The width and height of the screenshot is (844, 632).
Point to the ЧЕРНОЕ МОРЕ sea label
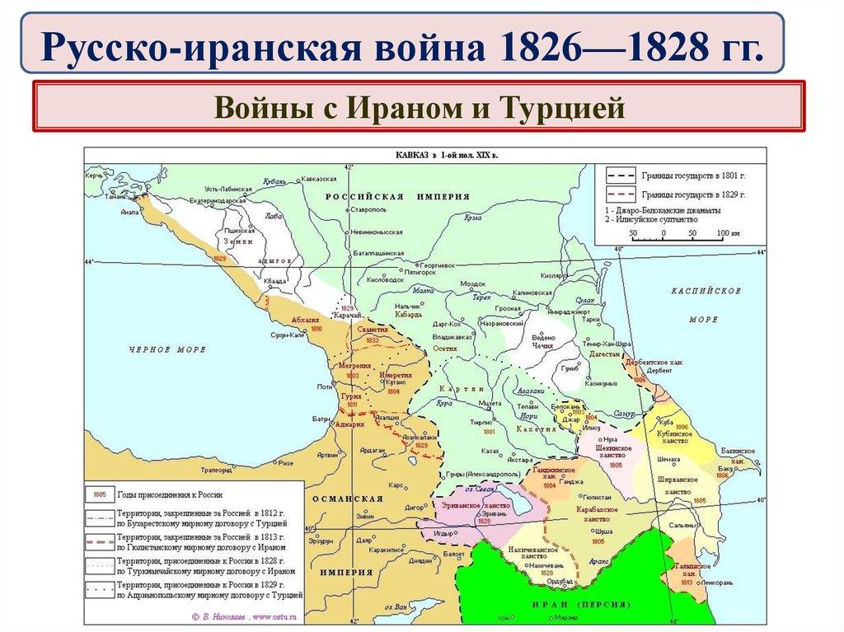(x=166, y=349)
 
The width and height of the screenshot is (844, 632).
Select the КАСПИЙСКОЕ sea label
(x=706, y=291)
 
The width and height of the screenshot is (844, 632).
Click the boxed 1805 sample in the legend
(x=98, y=495)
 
